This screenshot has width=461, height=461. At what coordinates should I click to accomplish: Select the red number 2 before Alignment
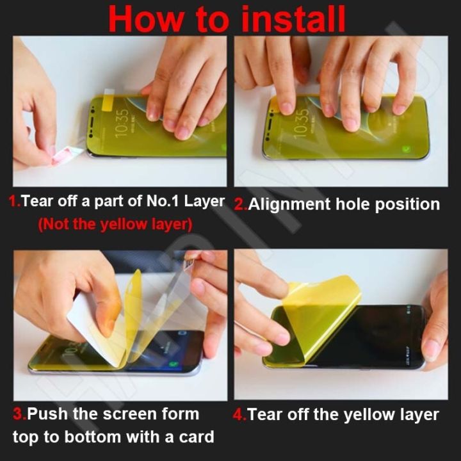(x=239, y=205)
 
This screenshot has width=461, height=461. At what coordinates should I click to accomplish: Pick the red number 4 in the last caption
(x=239, y=415)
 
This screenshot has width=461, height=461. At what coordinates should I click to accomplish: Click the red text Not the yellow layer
(x=115, y=225)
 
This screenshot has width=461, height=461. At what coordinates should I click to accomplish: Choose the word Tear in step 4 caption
(x=264, y=415)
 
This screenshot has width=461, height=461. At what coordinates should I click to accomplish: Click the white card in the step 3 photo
(x=90, y=327)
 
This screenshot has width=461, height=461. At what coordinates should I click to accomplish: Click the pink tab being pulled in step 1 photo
(x=67, y=154)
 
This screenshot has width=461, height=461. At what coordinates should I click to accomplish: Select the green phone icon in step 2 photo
(x=407, y=149)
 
